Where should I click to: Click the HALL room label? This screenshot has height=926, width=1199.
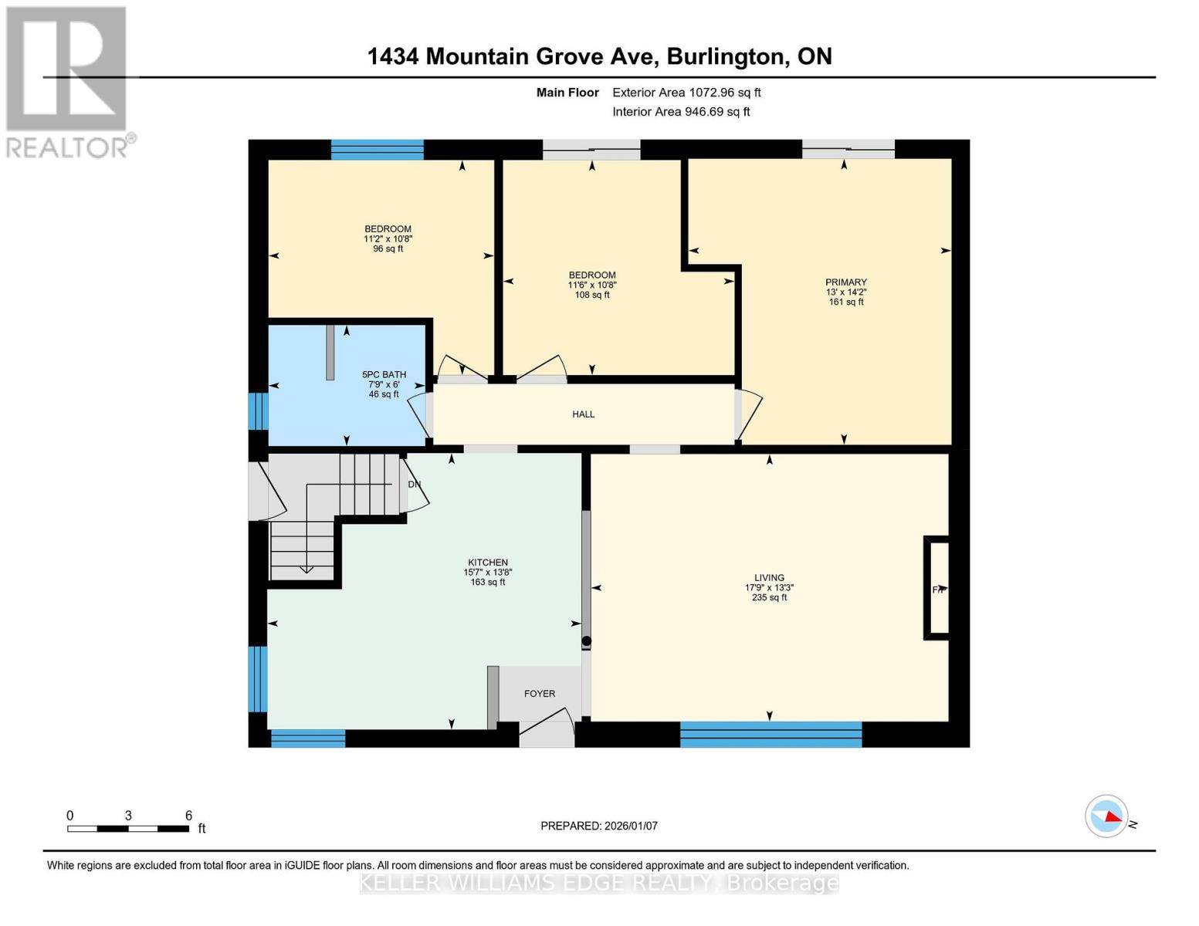(583, 414)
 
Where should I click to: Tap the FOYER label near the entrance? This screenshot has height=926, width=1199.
(540, 694)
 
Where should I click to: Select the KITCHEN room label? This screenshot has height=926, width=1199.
(488, 563)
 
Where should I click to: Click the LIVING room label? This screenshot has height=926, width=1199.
(769, 578)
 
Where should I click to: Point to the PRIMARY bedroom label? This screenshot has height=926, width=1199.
(845, 282)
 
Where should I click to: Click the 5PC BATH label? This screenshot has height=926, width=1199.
(384, 375)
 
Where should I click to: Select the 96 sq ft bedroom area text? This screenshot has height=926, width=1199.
(388, 249)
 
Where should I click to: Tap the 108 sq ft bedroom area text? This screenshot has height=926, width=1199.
(592, 295)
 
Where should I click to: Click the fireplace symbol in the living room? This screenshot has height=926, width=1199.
(937, 589)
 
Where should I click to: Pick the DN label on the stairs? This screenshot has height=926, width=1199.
(415, 485)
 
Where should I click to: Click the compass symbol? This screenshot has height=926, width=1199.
(1106, 816)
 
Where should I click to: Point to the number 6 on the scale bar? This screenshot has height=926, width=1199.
(188, 816)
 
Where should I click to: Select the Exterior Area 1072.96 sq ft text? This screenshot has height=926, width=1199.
(686, 93)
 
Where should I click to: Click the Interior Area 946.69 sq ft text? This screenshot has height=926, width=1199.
(681, 112)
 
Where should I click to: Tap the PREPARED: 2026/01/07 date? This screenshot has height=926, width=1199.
(599, 826)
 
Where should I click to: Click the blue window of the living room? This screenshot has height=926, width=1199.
(771, 735)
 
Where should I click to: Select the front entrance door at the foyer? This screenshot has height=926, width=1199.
(547, 735)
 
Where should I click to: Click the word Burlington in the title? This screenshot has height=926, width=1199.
(724, 56)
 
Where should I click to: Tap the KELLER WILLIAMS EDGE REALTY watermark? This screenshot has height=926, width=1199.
(599, 883)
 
